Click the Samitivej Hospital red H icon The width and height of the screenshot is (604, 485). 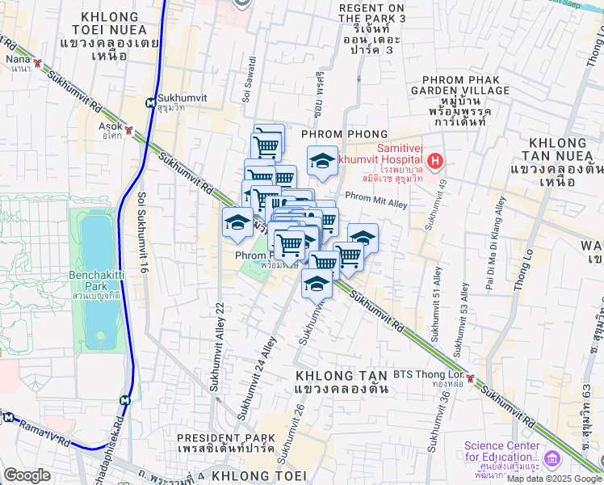pos(435,162)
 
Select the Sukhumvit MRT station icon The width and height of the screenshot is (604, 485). pos(151,103)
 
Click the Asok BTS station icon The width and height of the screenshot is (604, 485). pos(129,128)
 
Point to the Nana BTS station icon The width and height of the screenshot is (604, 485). pos(37,62)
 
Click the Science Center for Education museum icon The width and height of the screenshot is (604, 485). pos(552,458)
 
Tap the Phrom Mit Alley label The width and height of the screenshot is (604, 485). pos(376,199)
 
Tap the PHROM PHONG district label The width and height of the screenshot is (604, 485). pos(345,134)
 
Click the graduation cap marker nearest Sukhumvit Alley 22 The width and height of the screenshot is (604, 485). pos(238,221)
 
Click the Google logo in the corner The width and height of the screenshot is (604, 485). pos(26,475)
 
